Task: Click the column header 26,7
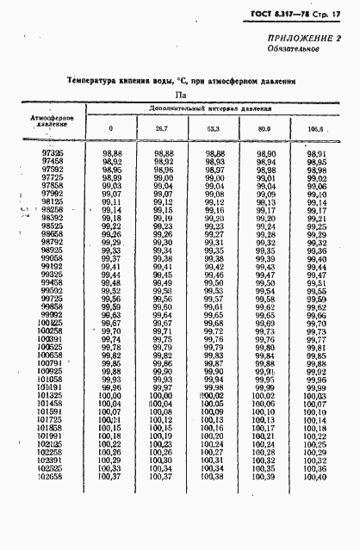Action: coord(161,129)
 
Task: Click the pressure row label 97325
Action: coord(52,152)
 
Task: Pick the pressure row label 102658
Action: coord(51,476)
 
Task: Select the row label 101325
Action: coord(51,395)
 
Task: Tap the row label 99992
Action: coord(52,314)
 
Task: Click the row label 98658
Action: coord(52,233)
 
